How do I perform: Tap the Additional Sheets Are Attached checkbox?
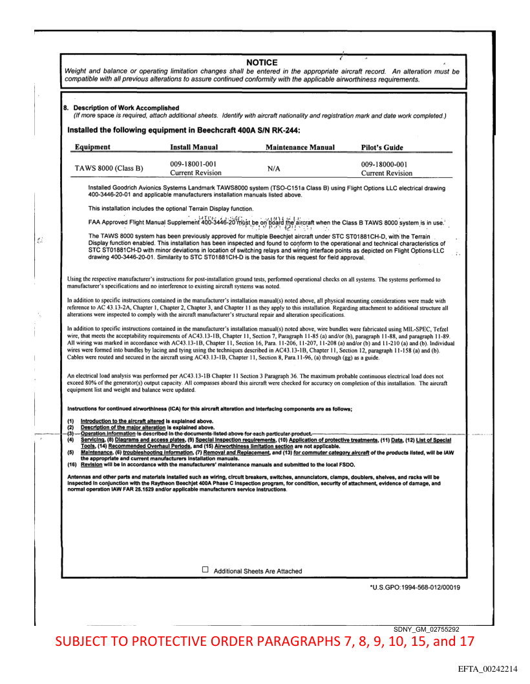206,570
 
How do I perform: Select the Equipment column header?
92,147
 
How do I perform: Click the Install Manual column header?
198,147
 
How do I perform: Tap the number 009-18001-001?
193,164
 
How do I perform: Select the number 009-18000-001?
384,164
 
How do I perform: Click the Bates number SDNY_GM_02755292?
426,628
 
